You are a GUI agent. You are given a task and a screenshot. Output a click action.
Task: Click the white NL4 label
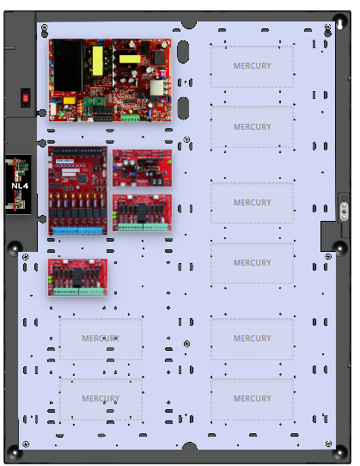20,186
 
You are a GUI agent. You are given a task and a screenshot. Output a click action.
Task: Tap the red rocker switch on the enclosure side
26,97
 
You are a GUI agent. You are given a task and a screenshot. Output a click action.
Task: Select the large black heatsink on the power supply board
68,65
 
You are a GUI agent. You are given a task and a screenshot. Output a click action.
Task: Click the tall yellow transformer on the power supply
98,61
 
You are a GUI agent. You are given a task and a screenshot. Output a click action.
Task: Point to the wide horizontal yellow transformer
130,58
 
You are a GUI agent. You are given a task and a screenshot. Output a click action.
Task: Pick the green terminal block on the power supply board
130,118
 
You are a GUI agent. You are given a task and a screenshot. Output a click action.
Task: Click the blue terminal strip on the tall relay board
78,230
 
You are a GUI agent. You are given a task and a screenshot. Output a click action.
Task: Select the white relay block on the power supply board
156,88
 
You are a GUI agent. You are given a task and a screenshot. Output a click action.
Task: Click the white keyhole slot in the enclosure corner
339,24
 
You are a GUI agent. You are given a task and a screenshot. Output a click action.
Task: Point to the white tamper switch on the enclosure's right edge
345,211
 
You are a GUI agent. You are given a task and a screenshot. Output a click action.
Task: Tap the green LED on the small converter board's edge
169,162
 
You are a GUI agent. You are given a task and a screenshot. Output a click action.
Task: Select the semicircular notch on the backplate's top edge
189,25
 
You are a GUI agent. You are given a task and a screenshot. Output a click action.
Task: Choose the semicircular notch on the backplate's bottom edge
190,445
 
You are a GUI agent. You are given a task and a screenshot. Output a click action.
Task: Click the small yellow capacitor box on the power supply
70,100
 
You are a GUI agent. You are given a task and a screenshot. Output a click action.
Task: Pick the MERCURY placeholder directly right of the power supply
253,66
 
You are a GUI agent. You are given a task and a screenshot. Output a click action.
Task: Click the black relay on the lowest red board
78,277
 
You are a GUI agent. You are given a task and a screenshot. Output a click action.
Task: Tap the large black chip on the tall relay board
82,179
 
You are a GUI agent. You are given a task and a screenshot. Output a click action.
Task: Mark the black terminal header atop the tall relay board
78,151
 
